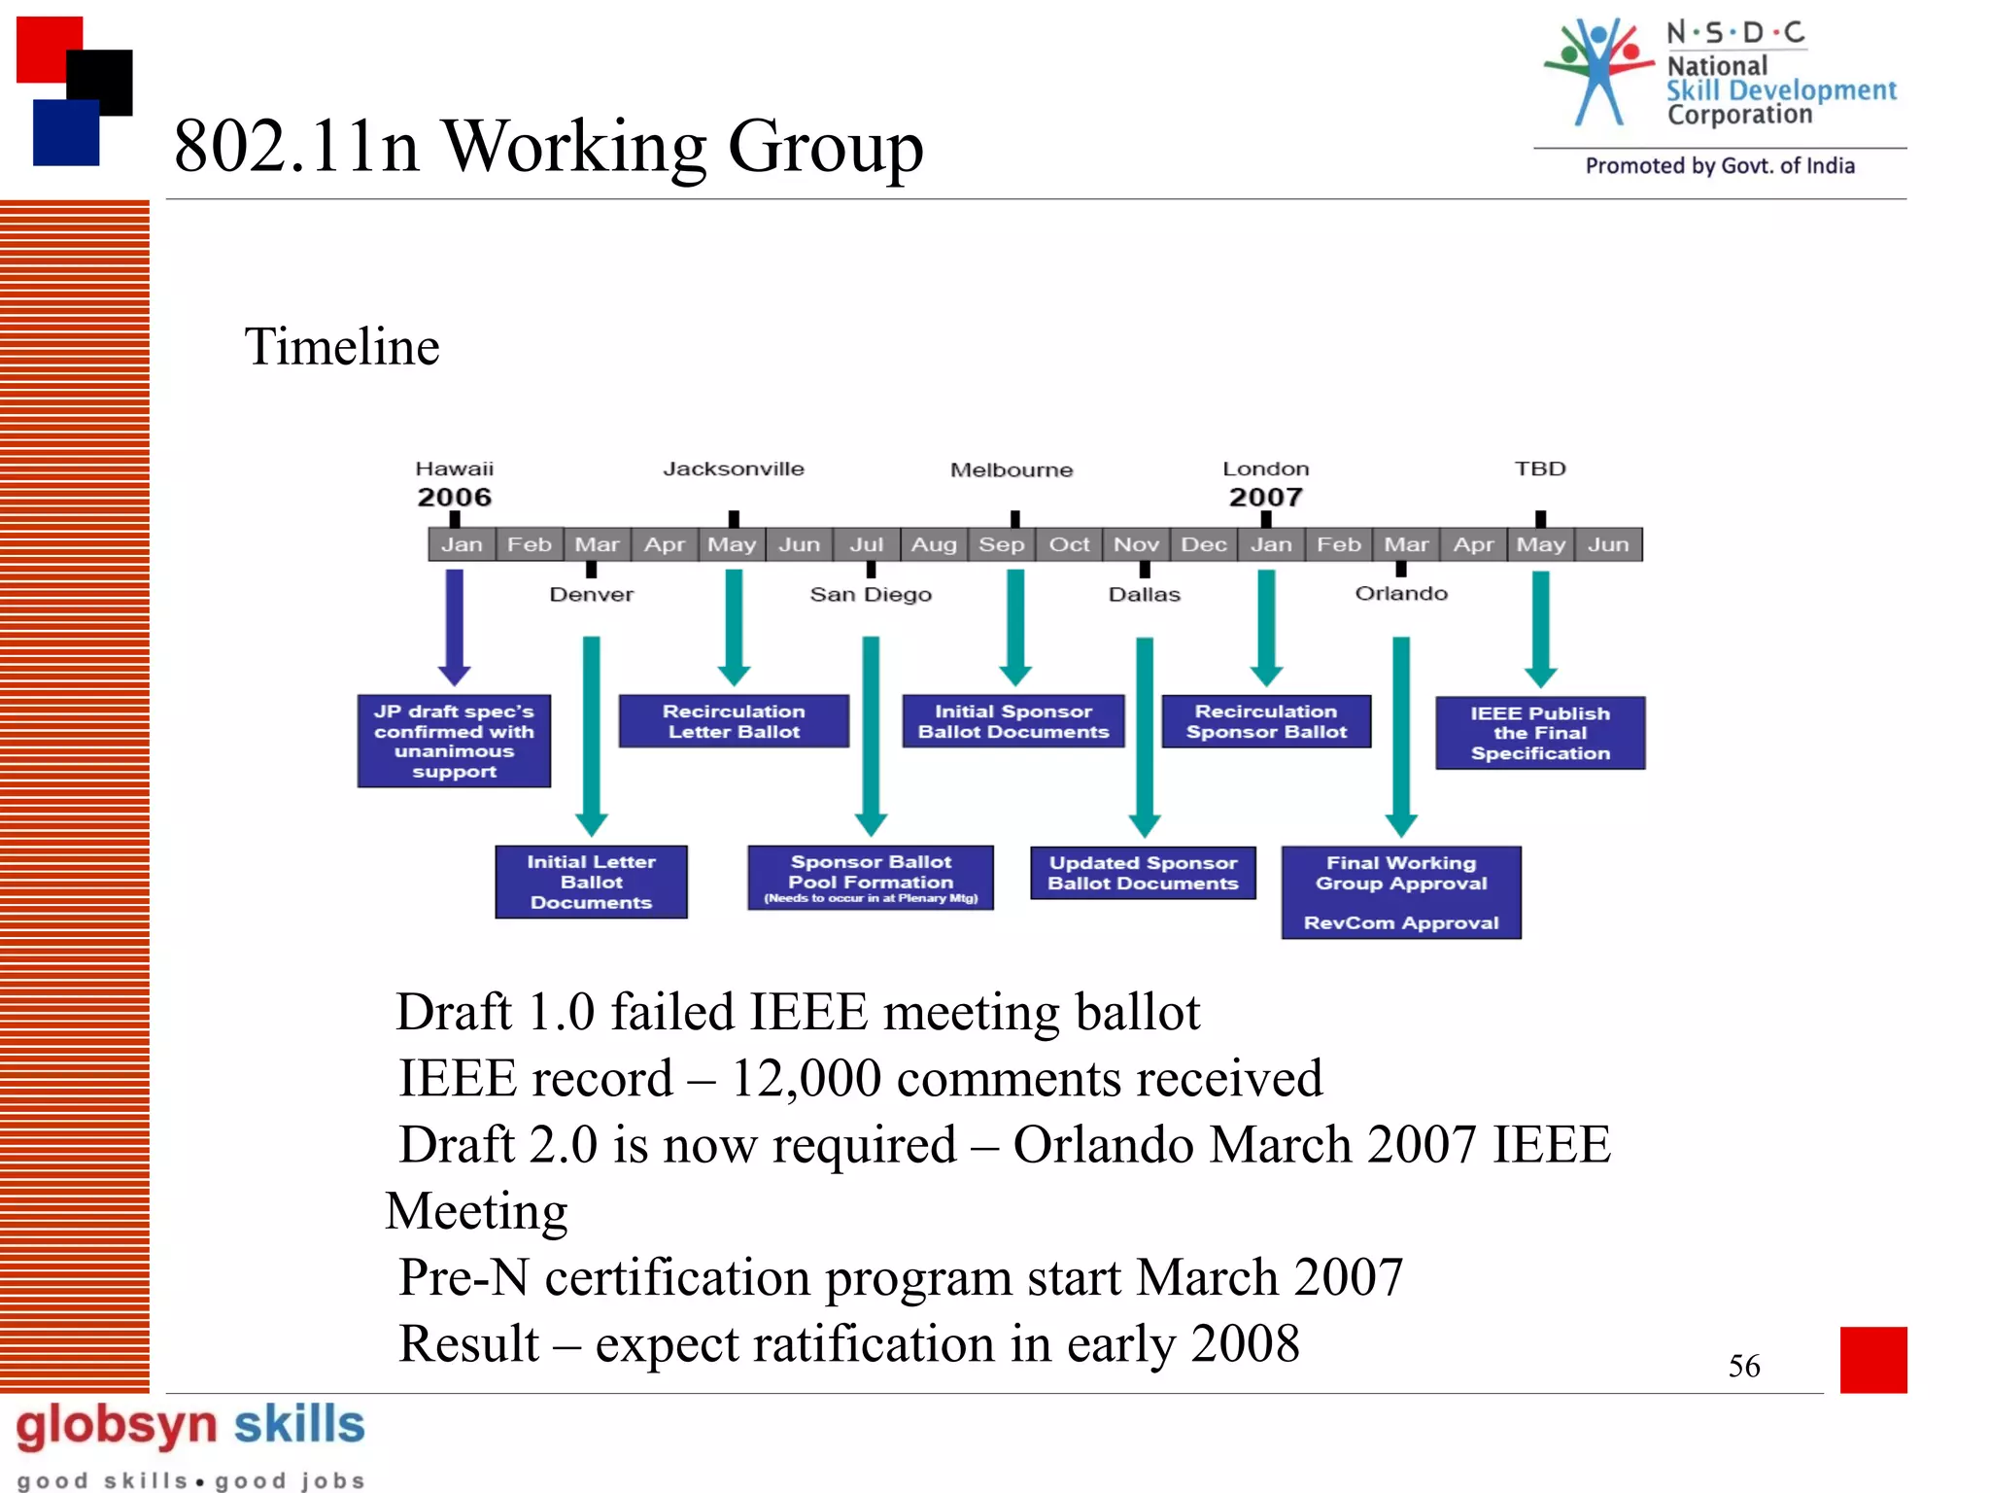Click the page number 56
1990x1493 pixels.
[1743, 1366]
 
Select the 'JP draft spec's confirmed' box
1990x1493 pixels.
[454, 741]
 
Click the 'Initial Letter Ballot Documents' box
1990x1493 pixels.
[591, 882]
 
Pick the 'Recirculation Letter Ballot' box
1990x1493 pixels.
[734, 721]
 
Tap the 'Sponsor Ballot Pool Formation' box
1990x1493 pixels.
[871, 878]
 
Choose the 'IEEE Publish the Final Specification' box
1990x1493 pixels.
[1540, 733]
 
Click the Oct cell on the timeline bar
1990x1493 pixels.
[1069, 544]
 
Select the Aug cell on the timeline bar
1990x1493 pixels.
[934, 544]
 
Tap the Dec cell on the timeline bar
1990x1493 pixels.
[1204, 544]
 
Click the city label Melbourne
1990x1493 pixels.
[1012, 470]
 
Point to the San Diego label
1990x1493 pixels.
[871, 594]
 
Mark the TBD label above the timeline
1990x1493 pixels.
[1540, 469]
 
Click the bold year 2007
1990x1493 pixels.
[1265, 497]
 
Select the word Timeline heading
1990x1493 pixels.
[342, 347]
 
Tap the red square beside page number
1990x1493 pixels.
[1872, 1359]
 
